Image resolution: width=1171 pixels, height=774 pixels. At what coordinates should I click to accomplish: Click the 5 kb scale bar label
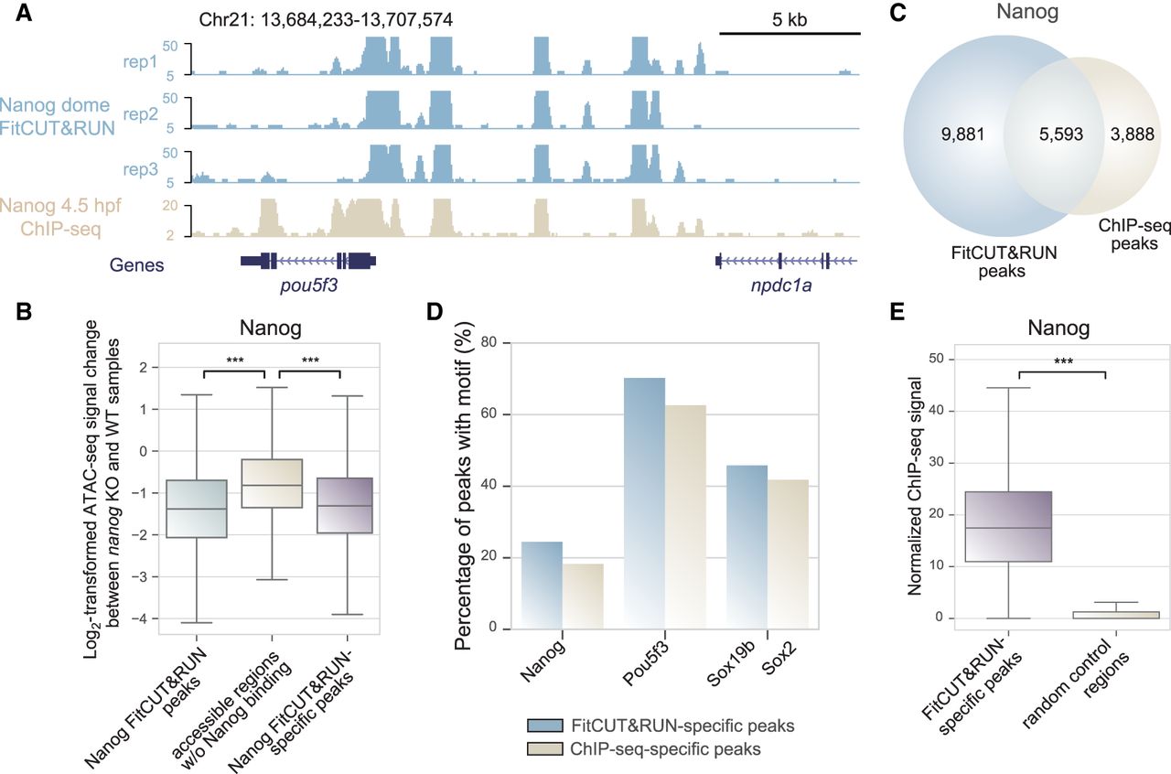pos(790,20)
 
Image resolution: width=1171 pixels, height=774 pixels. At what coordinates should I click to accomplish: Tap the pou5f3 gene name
pos(308,285)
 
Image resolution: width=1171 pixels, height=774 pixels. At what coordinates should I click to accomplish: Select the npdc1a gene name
pos(781,285)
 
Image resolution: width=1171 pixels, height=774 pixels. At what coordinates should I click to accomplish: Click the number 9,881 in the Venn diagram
pos(962,134)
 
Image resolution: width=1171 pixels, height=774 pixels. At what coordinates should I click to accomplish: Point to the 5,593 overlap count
pos(1060,134)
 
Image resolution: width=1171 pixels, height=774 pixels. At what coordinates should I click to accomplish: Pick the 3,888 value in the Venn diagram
pos(1133,134)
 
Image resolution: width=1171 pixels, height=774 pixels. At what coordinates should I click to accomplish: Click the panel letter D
pos(435,312)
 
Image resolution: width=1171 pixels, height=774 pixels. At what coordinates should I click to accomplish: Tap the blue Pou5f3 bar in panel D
pos(644,503)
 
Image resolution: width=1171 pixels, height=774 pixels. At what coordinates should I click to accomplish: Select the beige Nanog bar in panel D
pos(583,597)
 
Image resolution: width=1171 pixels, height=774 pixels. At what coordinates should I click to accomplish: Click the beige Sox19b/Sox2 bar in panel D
pos(788,554)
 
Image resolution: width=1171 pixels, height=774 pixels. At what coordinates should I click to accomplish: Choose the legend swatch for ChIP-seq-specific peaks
pos(544,749)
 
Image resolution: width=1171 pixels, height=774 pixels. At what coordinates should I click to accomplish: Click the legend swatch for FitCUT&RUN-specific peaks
pos(544,726)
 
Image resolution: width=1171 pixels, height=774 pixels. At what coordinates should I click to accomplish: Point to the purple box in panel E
pos(1008,527)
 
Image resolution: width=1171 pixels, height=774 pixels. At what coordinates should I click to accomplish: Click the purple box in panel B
pos(345,505)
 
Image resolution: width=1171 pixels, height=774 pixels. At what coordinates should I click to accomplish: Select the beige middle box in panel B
pos(272,483)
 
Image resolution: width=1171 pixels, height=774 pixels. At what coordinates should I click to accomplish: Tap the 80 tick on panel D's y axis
pos(489,342)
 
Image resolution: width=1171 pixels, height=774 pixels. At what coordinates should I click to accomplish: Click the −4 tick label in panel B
pos(139,619)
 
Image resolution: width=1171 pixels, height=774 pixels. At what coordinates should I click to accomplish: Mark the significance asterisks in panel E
pos(1063,361)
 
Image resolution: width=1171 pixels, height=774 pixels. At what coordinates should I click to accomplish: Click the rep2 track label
pos(140,113)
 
